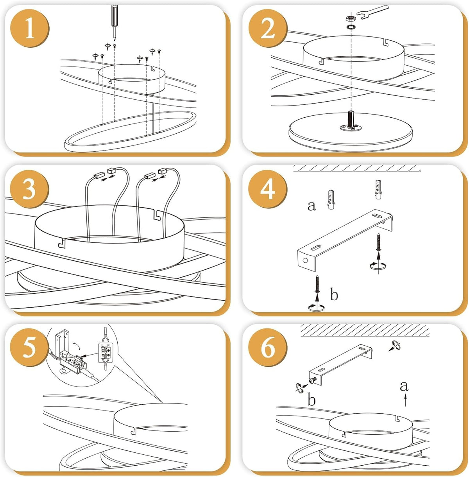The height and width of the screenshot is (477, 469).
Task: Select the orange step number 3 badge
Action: (30, 189)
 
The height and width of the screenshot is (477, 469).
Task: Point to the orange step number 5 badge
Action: (30, 348)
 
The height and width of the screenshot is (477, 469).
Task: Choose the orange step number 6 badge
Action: (268, 348)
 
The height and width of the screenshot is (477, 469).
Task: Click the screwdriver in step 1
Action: (114, 22)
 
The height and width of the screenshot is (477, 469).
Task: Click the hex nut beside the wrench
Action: (350, 18)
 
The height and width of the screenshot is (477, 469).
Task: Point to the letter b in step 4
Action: (334, 294)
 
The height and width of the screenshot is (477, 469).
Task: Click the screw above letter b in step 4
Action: (317, 284)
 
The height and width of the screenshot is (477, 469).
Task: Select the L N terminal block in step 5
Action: (106, 353)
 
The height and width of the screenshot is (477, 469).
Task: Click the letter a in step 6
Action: (404, 386)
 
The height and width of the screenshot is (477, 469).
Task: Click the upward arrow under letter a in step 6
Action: (405, 400)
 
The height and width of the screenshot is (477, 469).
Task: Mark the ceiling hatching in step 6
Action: (365, 330)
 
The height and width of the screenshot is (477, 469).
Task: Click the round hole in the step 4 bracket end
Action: (305, 260)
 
